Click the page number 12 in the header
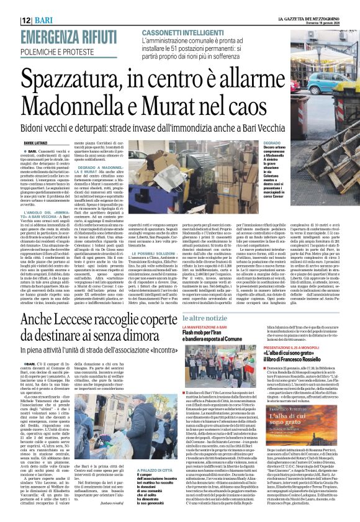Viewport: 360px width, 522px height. click(x=9, y=6)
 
